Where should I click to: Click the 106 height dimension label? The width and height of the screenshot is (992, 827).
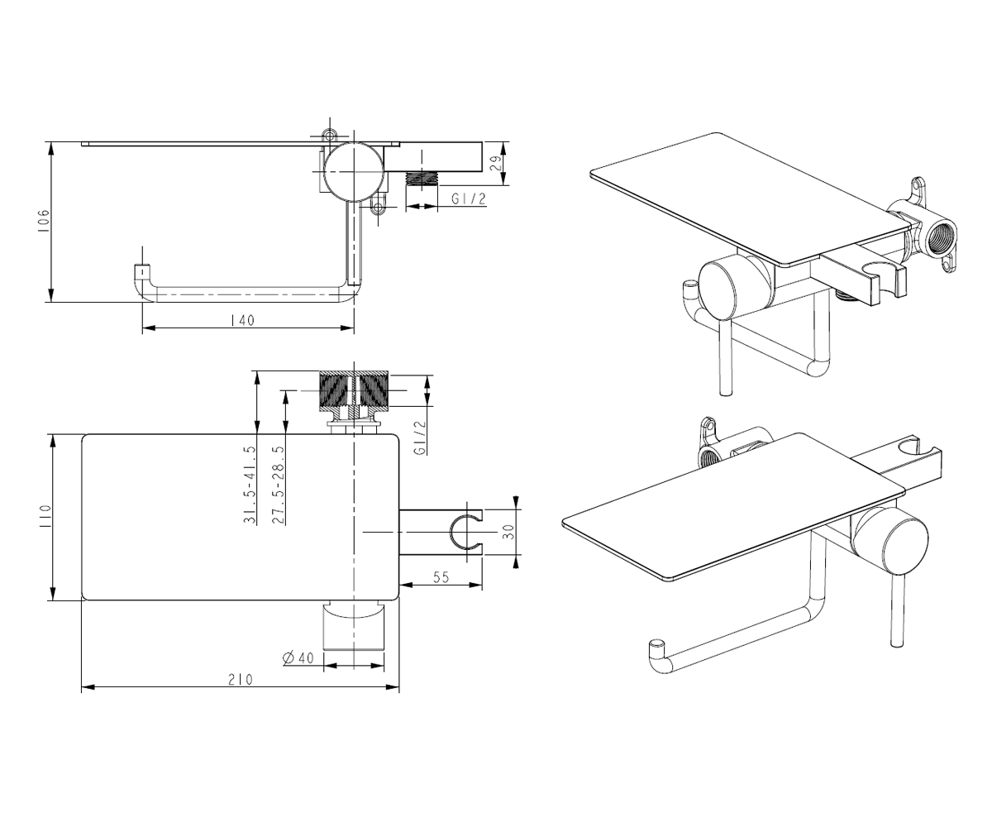click(x=43, y=221)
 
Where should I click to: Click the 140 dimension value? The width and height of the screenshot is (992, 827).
click(x=243, y=320)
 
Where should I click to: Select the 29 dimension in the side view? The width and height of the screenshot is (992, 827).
click(x=496, y=163)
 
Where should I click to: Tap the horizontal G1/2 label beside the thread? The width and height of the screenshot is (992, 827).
click(x=469, y=198)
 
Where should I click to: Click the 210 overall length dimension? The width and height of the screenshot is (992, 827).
click(x=241, y=680)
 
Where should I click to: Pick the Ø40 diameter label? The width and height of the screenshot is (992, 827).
click(x=298, y=657)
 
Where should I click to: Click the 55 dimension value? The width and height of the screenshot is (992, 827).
click(x=441, y=577)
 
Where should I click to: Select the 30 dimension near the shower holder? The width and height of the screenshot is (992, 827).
click(x=508, y=531)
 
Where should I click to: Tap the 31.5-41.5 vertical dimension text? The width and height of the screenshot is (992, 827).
click(x=250, y=485)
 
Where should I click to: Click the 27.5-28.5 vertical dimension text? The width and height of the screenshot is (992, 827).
click(x=279, y=485)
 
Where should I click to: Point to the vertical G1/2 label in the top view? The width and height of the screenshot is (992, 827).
click(x=420, y=438)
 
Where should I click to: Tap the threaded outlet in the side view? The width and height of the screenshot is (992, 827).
click(x=422, y=179)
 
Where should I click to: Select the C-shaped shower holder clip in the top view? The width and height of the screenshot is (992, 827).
click(x=466, y=532)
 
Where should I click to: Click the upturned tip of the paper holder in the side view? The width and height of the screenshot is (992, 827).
click(x=141, y=272)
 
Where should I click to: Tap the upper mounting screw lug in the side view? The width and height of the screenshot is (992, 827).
click(x=329, y=135)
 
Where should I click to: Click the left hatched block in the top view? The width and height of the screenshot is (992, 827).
click(x=336, y=391)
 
